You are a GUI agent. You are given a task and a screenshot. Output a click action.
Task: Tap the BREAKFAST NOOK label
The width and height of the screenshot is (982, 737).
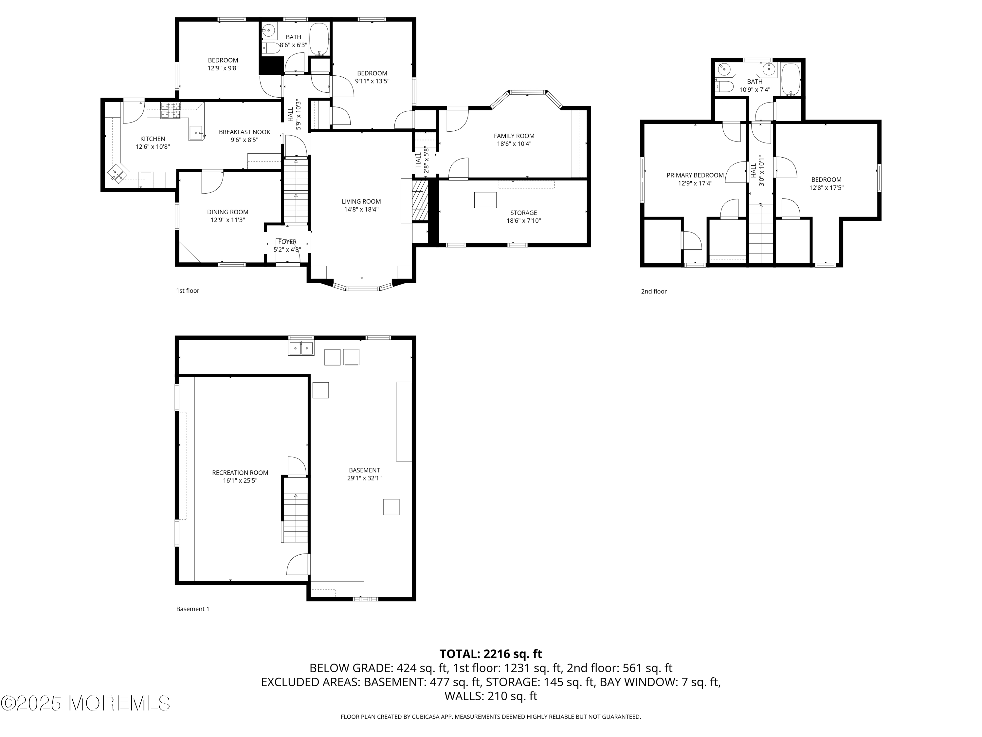point(245,132)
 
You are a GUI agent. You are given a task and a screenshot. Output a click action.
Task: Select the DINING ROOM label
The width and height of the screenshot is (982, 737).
point(228,212)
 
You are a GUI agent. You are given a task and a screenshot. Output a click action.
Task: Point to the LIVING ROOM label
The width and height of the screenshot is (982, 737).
point(361,201)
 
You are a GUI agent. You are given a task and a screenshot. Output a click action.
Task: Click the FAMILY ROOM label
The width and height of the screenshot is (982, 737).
point(514,136)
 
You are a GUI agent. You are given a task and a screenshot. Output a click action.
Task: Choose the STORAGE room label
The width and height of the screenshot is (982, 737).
point(524,213)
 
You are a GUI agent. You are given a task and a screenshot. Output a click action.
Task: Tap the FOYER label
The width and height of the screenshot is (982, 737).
point(287,242)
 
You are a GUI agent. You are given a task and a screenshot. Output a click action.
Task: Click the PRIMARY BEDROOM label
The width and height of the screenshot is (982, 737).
point(695,175)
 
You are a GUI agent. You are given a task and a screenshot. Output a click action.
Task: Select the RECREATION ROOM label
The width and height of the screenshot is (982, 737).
point(240,473)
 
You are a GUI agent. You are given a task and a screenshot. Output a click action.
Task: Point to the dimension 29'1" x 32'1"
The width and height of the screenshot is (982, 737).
point(364,478)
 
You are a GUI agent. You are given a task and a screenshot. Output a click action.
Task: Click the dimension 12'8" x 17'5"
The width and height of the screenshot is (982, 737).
point(826,187)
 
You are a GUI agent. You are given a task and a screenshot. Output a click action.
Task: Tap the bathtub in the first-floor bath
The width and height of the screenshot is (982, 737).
point(319,39)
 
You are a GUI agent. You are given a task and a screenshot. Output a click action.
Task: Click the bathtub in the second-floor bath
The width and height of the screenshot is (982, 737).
point(791,80)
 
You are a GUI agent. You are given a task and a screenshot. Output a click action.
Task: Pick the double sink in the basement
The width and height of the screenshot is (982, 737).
point(301,348)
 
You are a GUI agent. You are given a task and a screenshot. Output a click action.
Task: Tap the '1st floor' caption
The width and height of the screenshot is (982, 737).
point(188,291)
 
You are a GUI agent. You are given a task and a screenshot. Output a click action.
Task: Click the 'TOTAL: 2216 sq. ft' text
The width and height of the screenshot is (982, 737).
point(491,654)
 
